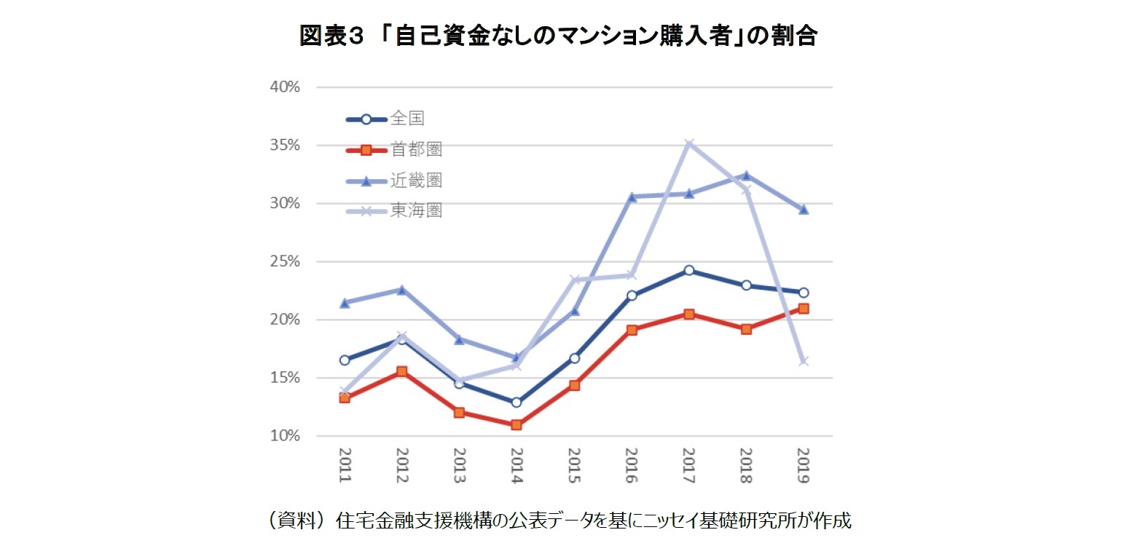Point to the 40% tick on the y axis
click(x=285, y=87)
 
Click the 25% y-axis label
click(x=285, y=261)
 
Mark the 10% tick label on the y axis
click(x=285, y=436)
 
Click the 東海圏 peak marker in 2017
click(x=688, y=143)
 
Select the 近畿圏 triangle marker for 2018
click(x=746, y=175)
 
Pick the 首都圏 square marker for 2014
click(x=517, y=424)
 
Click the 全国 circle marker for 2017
click(x=688, y=270)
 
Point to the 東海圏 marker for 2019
click(x=804, y=361)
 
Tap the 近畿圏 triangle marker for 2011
click(x=345, y=303)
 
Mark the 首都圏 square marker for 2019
click(x=804, y=309)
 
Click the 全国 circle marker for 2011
click(x=345, y=360)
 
